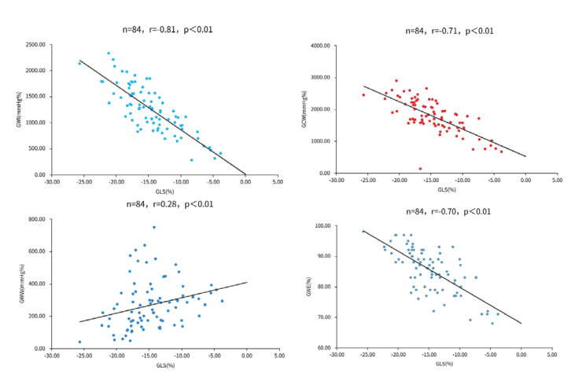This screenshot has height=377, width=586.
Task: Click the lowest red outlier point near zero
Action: [420, 168]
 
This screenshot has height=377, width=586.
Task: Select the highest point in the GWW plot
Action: [154, 227]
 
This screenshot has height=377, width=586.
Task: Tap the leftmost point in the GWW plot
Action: [80, 342]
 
